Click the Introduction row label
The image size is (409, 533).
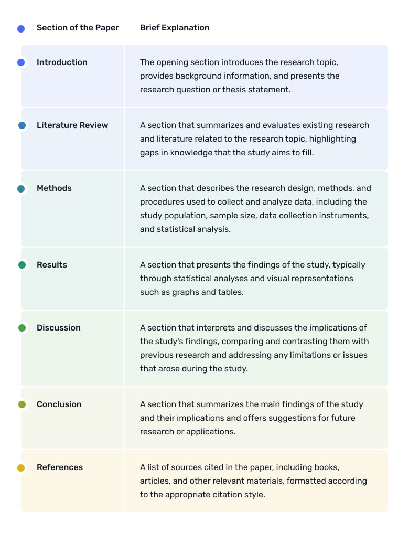[x=62, y=62]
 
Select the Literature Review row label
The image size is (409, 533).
[x=72, y=125]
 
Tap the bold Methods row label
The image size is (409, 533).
[x=54, y=188]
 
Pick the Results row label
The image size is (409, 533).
[x=52, y=265]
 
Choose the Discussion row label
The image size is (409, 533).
[x=59, y=328]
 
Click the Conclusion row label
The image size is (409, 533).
[x=59, y=404]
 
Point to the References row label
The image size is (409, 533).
[x=60, y=467]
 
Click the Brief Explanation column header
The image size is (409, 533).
[x=175, y=28]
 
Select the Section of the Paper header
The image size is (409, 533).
[x=78, y=28]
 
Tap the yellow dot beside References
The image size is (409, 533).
[x=21, y=468]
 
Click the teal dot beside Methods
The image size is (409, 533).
[x=21, y=189]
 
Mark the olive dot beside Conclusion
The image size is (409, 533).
[x=21, y=404]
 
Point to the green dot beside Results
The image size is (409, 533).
[x=21, y=265]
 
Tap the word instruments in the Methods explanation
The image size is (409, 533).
[x=347, y=216]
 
